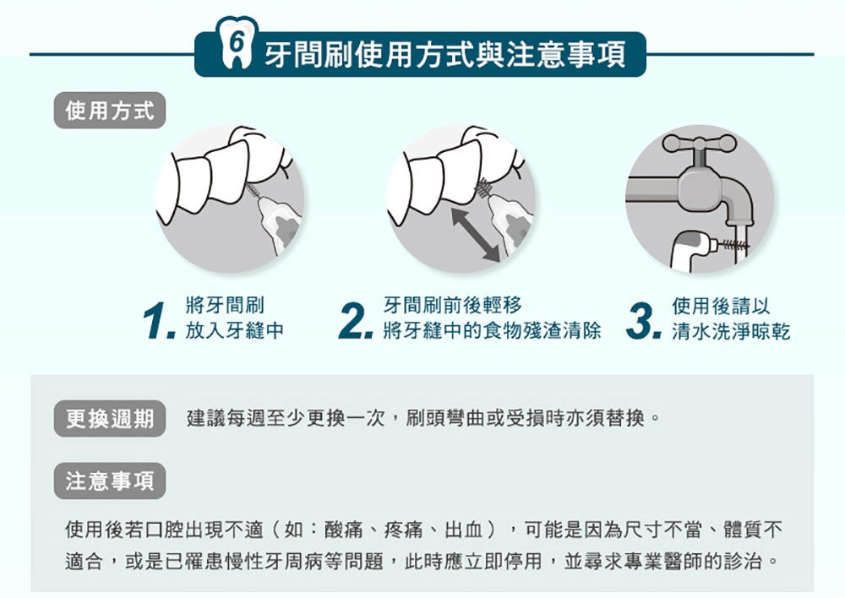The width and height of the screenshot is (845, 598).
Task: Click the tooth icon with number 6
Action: (x=236, y=43)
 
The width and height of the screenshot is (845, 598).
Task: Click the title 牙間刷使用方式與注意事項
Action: (x=445, y=55)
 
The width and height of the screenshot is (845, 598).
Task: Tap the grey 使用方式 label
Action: (x=109, y=111)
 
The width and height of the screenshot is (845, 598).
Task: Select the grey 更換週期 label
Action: (x=109, y=419)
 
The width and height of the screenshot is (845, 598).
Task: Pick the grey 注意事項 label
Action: (x=109, y=481)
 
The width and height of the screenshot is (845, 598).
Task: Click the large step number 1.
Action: (x=160, y=321)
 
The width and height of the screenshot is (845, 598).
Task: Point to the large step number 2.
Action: (x=356, y=321)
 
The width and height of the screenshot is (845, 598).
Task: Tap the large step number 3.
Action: (x=644, y=321)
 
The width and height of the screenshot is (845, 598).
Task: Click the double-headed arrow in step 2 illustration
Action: (x=476, y=236)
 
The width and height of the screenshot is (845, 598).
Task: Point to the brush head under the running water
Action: (x=733, y=245)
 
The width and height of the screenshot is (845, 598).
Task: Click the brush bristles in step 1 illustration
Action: (x=252, y=191)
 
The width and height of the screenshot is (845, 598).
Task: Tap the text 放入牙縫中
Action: (x=234, y=330)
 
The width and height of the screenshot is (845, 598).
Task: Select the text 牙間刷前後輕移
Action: (x=453, y=306)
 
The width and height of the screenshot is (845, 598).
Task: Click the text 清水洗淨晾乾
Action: (x=731, y=331)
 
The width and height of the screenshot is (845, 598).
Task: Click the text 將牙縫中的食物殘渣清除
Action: (x=492, y=330)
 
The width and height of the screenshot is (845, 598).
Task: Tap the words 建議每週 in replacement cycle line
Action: (x=226, y=418)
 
